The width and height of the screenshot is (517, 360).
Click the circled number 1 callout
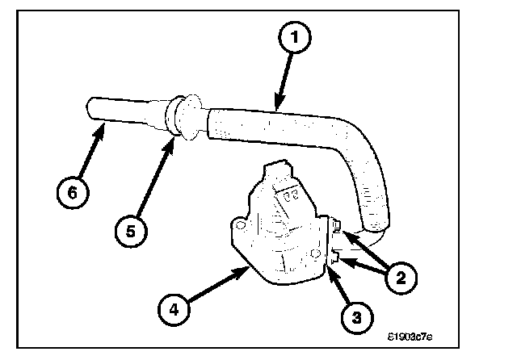(296, 36)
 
